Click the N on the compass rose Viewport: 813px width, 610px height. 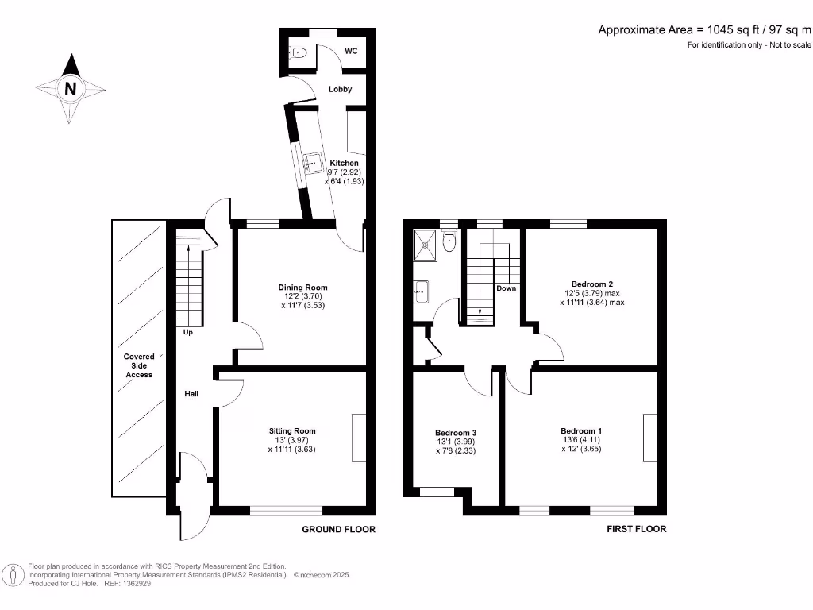[x=70, y=89]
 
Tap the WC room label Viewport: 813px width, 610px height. [x=351, y=51]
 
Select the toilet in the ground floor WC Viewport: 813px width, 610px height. [x=299, y=53]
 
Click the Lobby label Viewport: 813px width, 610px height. [x=341, y=89]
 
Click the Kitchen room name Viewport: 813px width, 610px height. [x=345, y=163]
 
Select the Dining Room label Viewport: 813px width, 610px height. [x=302, y=288]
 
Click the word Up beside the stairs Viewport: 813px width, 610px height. [x=188, y=332]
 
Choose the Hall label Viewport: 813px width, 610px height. [x=191, y=393]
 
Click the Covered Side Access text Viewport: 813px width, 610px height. [x=138, y=366]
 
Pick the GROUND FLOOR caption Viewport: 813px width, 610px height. [x=339, y=529]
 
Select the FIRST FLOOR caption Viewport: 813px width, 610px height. [x=636, y=529]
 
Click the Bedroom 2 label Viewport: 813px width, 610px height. [x=592, y=284]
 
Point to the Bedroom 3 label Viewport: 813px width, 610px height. [x=457, y=433]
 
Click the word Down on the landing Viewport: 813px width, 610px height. [x=507, y=288]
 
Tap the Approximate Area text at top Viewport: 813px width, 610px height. [x=704, y=30]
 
